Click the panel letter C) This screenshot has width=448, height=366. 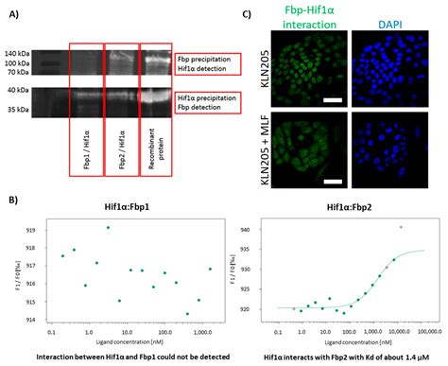point(249,13)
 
